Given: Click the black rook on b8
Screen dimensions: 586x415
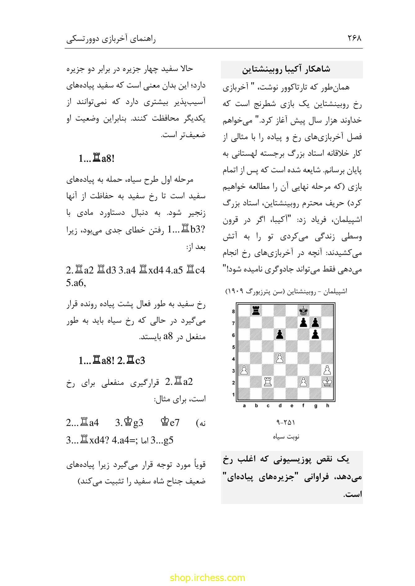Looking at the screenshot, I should [x=256, y=310].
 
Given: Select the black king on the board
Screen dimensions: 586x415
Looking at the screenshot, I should [x=303, y=310].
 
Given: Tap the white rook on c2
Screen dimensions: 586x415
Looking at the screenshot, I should [x=268, y=382].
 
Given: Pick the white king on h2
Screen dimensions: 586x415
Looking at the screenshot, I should [x=327, y=382].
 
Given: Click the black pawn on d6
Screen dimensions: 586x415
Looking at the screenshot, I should [x=279, y=334].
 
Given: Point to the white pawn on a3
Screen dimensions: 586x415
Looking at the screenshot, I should [x=244, y=370].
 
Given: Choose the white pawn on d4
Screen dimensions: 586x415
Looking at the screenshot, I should [x=279, y=358].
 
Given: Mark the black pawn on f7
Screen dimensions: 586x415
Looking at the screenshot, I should [x=303, y=322].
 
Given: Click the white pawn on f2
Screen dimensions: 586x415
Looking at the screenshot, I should [x=303, y=382].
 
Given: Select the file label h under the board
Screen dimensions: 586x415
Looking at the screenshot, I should [x=327, y=406].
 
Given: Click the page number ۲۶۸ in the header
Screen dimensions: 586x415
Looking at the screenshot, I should [x=354, y=38].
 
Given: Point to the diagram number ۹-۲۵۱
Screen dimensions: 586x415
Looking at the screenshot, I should [x=285, y=422].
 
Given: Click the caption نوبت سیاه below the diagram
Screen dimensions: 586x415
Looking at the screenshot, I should [x=286, y=437].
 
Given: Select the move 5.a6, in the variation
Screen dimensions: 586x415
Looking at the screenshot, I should [x=76, y=283].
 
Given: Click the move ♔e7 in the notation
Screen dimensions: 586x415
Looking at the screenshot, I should [x=170, y=423].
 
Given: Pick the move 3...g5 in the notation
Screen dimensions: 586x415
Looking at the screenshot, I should [x=162, y=440].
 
